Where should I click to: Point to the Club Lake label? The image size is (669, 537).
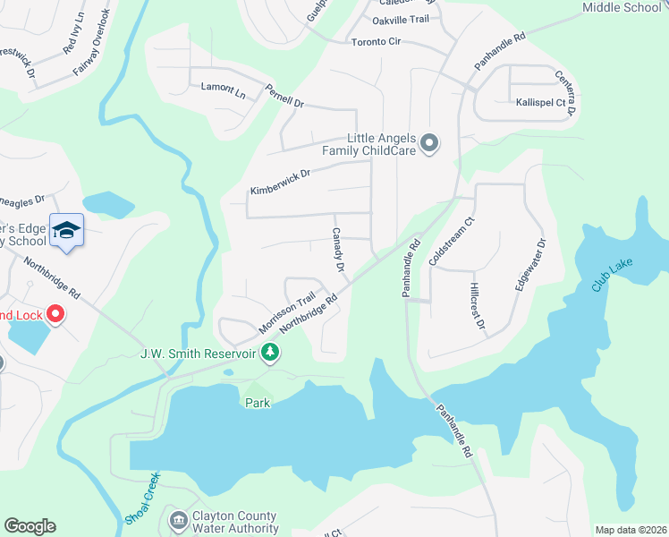[x=613, y=277]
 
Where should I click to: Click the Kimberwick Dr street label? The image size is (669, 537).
[x=280, y=182]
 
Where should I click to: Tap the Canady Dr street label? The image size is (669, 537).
[x=338, y=250]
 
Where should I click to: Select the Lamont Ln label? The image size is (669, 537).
[x=223, y=89]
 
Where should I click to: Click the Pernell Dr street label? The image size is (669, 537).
[x=284, y=96]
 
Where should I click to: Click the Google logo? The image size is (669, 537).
[x=30, y=526]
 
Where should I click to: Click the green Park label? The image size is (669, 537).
[x=258, y=404]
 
